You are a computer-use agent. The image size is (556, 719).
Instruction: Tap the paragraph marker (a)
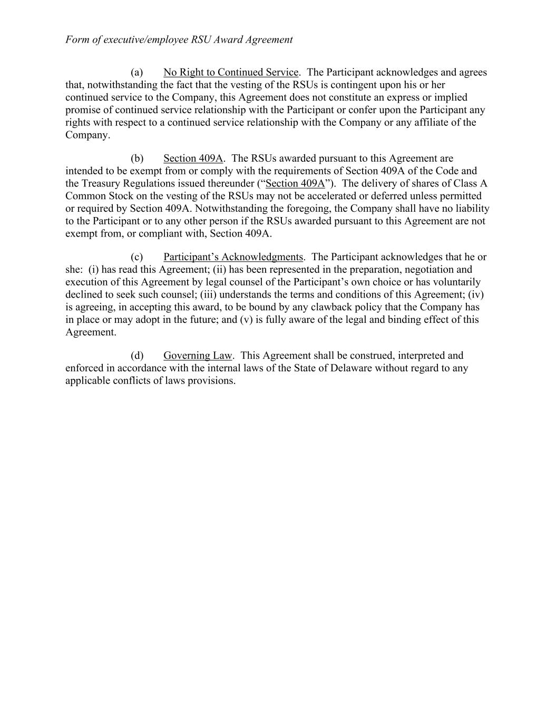tap(137, 72)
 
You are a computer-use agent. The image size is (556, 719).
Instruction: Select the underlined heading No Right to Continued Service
tap(231, 72)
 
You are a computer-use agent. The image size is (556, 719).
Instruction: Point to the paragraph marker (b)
tap(137, 159)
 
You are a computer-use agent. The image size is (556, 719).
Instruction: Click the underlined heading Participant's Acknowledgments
tap(233, 257)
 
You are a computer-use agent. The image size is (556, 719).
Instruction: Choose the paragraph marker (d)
tap(137, 356)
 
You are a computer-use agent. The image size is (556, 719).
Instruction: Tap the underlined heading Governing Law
tap(198, 356)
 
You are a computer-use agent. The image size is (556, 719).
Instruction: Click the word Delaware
tap(351, 368)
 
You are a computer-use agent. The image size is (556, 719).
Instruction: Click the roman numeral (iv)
tap(476, 294)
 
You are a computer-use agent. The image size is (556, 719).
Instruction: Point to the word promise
tap(83, 110)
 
